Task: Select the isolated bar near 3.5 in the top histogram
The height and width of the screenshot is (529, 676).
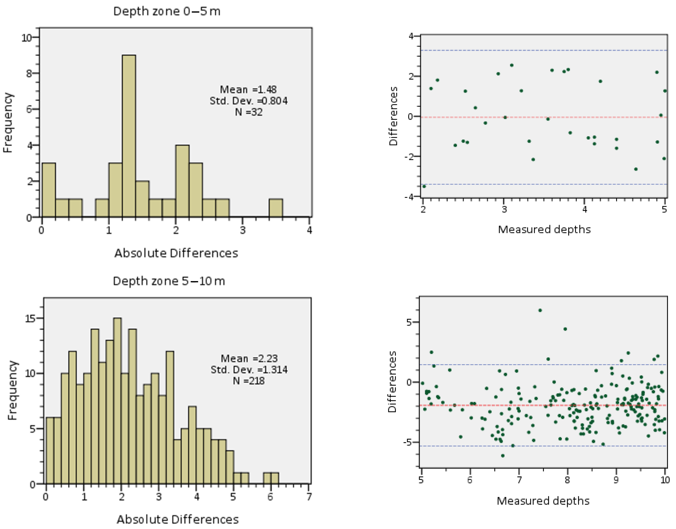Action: (276, 208)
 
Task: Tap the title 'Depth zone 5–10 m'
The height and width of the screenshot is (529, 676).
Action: (169, 281)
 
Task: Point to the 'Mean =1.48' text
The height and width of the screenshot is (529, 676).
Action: (248, 89)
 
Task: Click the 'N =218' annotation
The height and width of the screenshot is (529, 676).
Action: (249, 381)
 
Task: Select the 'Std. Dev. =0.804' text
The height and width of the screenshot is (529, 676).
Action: (249, 101)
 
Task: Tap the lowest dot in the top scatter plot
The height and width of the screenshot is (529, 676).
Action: (424, 186)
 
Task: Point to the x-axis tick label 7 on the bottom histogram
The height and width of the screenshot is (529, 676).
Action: (309, 497)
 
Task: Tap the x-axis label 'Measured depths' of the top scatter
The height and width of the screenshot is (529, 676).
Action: (544, 229)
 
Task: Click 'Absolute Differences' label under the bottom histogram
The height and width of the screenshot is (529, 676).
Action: (178, 519)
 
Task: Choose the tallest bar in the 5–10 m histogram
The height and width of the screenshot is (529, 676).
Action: (118, 401)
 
